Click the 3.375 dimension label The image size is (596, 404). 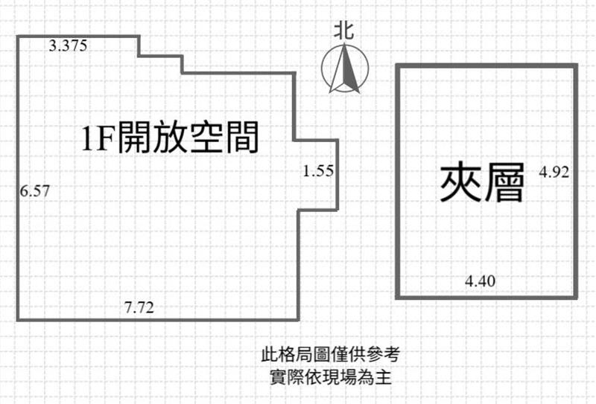click(68, 45)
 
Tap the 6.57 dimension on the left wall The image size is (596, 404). click(35, 190)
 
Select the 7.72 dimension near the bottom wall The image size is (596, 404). click(139, 307)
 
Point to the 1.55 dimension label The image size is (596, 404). click(319, 171)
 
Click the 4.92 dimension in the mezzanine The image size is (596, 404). click(554, 172)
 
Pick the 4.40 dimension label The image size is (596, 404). click(480, 281)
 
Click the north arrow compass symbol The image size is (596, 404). click(345, 68)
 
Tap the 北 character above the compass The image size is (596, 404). click(344, 31)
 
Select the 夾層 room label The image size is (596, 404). click(482, 182)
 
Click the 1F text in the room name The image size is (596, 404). click(98, 138)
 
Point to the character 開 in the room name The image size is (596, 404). click(135, 137)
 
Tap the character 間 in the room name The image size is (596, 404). click(242, 137)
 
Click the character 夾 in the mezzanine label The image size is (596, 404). click(460, 182)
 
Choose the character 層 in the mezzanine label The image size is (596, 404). click(504, 182)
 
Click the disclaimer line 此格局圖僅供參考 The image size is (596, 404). click(330, 355)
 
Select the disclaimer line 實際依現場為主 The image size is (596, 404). click(330, 377)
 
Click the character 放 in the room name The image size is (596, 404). click(171, 137)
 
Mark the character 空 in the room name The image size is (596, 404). click(206, 137)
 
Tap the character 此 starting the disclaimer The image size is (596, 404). click(270, 355)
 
